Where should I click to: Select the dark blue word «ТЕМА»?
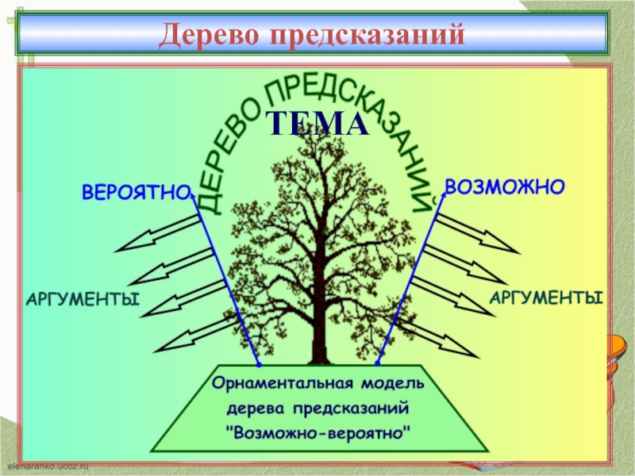[x=317, y=124]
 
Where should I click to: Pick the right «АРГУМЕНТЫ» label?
[x=545, y=298]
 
